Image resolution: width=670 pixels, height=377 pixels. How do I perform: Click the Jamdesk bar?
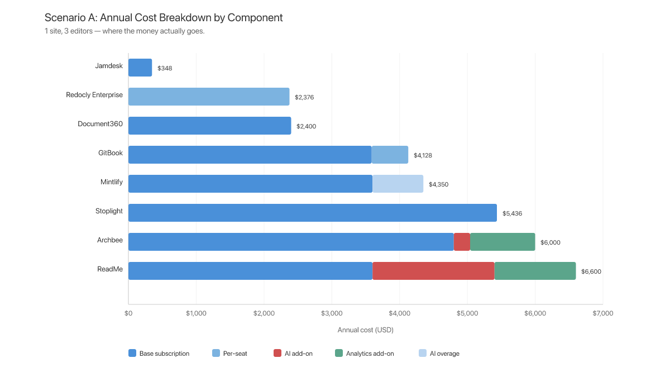click(x=140, y=68)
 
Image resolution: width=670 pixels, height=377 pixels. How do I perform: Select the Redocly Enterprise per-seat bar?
click(x=209, y=97)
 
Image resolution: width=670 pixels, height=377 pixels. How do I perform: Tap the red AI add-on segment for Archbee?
click(x=462, y=242)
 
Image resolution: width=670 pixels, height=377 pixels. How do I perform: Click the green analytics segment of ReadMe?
click(x=535, y=271)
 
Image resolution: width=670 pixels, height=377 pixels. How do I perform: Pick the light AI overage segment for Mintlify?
click(x=398, y=184)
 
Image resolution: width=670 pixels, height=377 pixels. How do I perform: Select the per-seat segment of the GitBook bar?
click(x=390, y=155)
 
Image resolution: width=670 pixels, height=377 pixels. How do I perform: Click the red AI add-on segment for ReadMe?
click(x=433, y=271)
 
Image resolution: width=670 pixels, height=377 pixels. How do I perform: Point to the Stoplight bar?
click(x=313, y=213)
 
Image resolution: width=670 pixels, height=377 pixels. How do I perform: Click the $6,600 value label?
click(x=591, y=271)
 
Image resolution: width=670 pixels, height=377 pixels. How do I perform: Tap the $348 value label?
click(x=165, y=68)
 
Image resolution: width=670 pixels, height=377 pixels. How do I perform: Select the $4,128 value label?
click(x=423, y=155)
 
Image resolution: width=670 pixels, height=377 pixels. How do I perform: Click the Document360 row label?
click(x=100, y=123)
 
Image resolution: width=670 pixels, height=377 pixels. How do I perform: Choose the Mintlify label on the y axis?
click(x=110, y=182)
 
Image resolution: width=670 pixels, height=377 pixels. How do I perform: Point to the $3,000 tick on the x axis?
click(x=332, y=313)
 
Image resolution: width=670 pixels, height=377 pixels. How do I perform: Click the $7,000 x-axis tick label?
click(x=602, y=313)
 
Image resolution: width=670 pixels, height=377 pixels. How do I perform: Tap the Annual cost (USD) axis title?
click(x=365, y=330)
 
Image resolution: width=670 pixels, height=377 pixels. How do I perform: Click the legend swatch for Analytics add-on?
click(x=338, y=353)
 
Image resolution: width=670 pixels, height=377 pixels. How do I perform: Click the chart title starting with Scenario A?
click(x=164, y=17)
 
